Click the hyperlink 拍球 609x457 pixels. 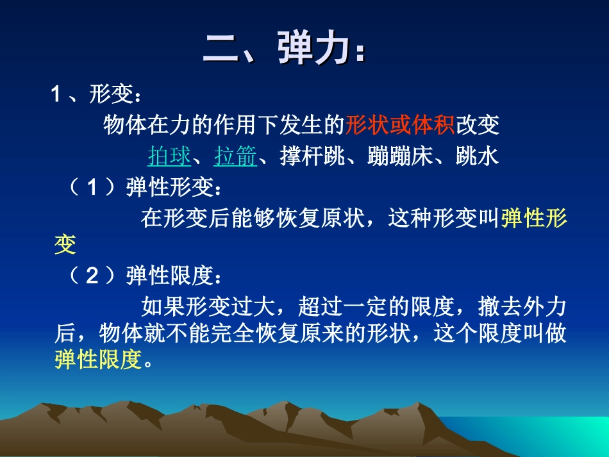[169, 156]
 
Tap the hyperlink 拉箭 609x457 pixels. [235, 156]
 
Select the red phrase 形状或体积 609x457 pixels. [400, 126]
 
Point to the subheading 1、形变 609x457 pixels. [96, 96]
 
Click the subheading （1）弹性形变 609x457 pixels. [146, 188]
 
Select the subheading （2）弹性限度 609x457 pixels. [146, 276]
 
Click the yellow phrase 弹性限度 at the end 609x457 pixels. [97, 360]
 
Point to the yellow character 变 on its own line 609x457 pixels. [65, 244]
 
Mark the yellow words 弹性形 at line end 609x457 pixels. [534, 219]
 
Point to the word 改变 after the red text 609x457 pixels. [478, 126]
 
